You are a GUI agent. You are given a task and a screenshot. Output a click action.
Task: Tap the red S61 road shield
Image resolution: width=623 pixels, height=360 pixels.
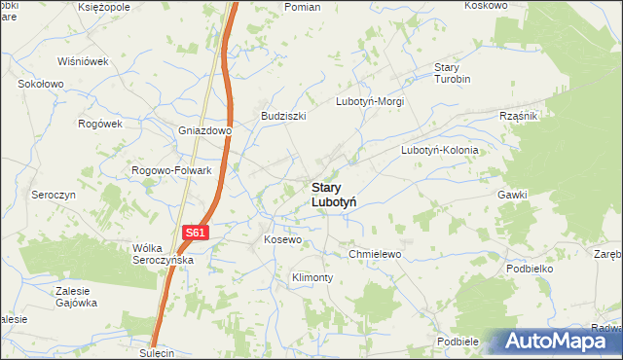click(196, 233)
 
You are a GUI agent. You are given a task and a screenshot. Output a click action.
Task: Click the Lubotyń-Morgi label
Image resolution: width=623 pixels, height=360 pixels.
click(369, 101)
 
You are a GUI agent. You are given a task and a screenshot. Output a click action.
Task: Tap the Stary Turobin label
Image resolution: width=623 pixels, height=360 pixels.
click(452, 73)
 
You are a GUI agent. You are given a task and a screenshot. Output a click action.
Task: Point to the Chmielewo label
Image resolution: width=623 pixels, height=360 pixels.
click(375, 254)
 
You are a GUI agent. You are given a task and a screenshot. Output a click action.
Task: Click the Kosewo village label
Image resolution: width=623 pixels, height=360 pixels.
click(283, 238)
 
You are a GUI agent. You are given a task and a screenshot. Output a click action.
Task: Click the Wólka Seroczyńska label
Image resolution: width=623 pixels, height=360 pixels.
click(165, 254)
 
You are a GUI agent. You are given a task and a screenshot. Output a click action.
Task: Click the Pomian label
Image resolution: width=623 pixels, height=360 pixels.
click(302, 7)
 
